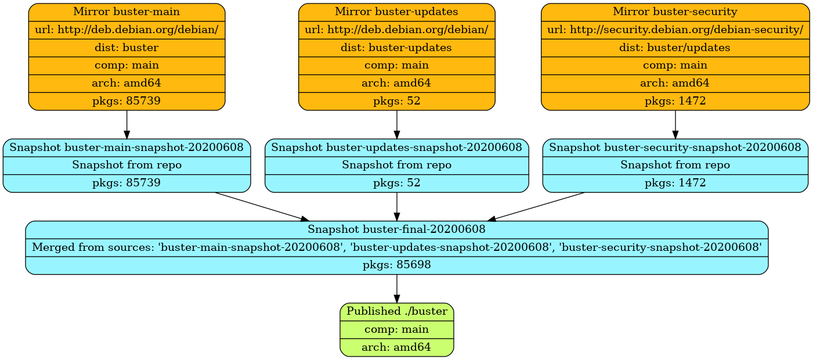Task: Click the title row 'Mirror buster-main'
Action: [x=127, y=12]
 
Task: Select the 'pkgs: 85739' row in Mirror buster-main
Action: [x=127, y=101]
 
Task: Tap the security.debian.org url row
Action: [x=675, y=30]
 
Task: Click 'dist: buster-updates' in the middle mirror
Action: [x=396, y=48]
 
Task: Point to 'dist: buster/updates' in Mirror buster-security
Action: [x=675, y=48]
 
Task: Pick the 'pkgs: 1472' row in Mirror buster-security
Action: [x=675, y=101]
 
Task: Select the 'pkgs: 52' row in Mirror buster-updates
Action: [x=396, y=101]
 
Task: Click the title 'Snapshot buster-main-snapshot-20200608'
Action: [x=127, y=147]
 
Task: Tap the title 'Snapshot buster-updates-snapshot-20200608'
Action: [x=396, y=147]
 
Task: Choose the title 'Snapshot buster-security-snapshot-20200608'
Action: [x=675, y=147]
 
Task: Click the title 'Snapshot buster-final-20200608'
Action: [x=396, y=229]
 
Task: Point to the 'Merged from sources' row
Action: [x=396, y=247]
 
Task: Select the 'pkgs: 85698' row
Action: [x=396, y=265]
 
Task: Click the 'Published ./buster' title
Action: [x=396, y=311]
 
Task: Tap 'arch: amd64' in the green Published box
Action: [x=396, y=348]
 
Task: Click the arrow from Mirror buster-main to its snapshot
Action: [x=127, y=124]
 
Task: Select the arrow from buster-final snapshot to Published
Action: [x=396, y=288]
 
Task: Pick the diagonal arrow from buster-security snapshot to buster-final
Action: [x=537, y=206]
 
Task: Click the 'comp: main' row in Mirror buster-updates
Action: [x=396, y=65]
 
